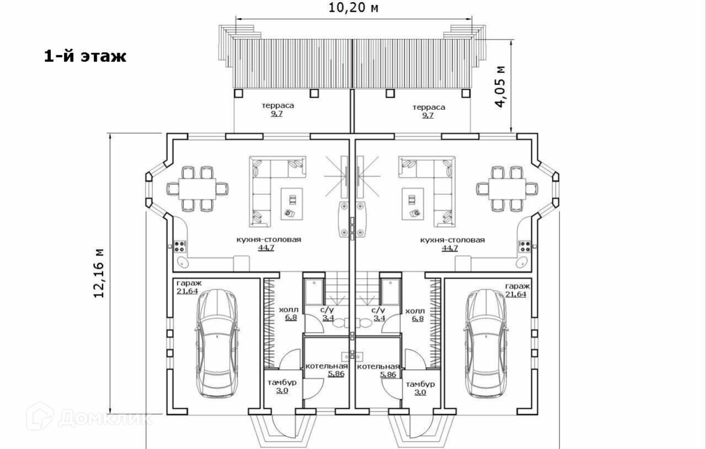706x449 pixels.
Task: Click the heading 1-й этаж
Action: point(85,57)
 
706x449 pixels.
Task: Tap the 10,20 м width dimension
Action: point(353,8)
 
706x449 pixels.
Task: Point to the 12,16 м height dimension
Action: point(99,273)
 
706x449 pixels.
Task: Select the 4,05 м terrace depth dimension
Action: point(501,87)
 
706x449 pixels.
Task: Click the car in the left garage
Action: point(217,344)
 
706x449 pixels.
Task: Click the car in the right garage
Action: point(486,344)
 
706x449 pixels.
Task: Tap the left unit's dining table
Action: point(198,189)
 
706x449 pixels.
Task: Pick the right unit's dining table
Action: point(507,189)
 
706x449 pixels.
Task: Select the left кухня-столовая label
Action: point(268,239)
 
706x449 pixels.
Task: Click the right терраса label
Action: point(429,108)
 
